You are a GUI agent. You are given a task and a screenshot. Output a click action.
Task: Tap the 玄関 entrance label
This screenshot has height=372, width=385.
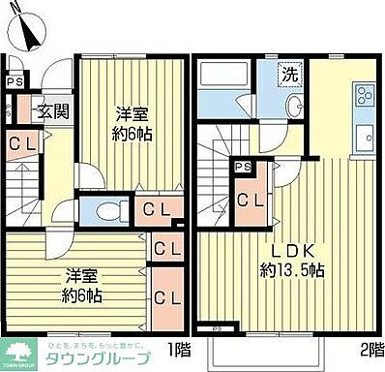[52, 110]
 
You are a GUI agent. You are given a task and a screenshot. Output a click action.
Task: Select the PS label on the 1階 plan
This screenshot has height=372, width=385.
[14, 80]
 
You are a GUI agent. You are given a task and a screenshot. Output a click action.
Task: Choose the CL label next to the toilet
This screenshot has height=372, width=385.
[153, 209]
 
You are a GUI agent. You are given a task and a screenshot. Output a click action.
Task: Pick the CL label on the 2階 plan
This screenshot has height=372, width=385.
[250, 201]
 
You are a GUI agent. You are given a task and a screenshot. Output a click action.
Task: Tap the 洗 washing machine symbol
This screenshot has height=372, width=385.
[289, 73]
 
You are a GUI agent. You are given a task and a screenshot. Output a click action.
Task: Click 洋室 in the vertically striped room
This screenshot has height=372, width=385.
[129, 112]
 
